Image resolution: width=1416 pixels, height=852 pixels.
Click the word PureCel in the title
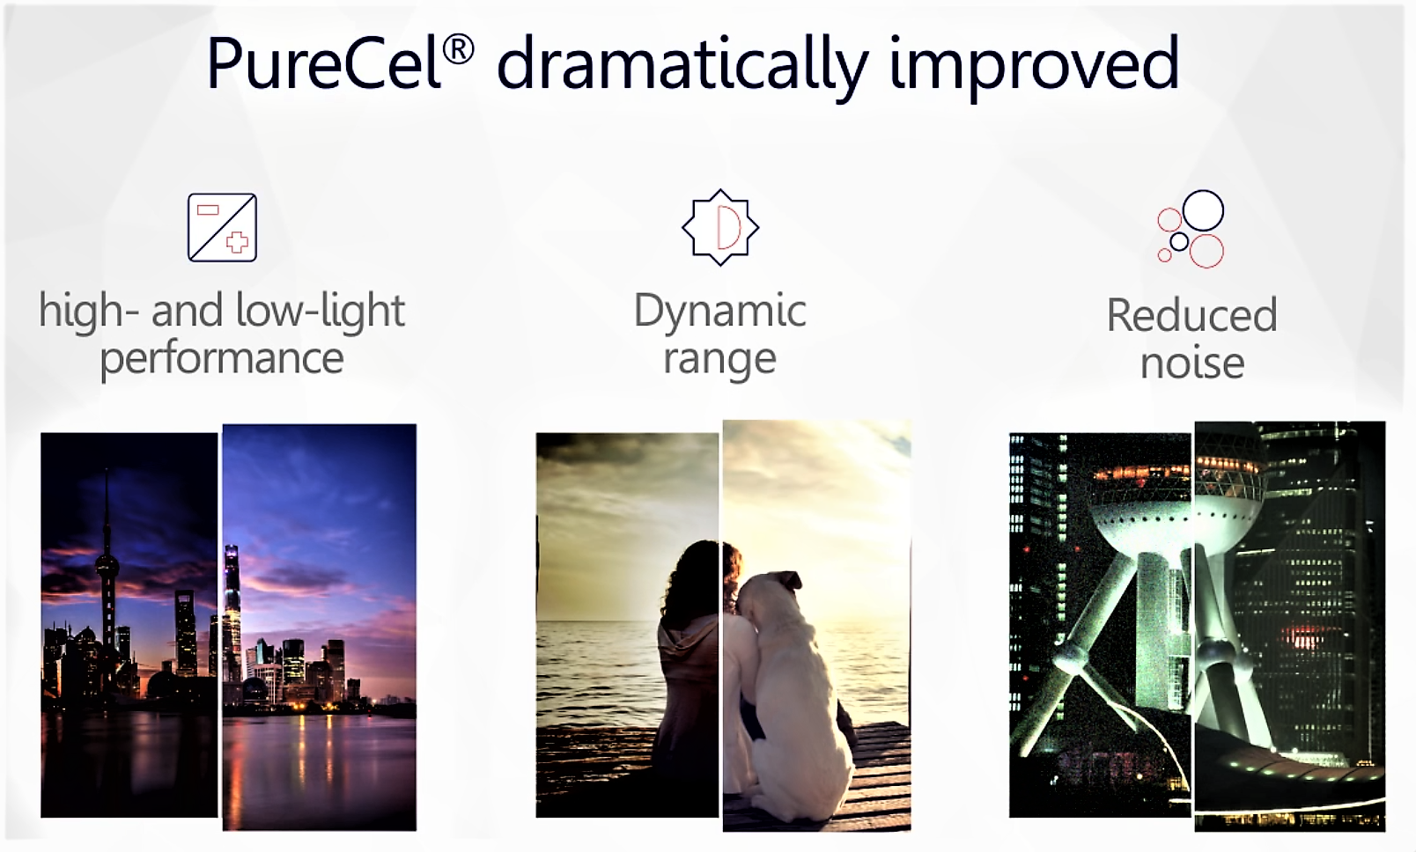point(324,62)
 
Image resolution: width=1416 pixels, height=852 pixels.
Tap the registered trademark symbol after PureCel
point(458,49)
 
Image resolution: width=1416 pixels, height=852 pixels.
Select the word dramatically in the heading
point(682,66)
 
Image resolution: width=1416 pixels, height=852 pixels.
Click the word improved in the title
point(1034,66)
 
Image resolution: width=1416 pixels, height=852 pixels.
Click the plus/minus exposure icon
point(222,228)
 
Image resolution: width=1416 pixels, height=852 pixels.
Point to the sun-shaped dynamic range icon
point(720,228)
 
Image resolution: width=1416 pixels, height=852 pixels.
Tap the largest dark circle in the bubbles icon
point(1203,210)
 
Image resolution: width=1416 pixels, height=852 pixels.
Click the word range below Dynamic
point(720,361)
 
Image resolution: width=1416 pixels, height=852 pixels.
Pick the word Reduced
point(1192,314)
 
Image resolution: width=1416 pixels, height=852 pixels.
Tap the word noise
point(1192,363)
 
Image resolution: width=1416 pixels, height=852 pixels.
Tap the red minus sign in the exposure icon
point(208,209)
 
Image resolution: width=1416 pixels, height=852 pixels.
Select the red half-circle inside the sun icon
point(728,227)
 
